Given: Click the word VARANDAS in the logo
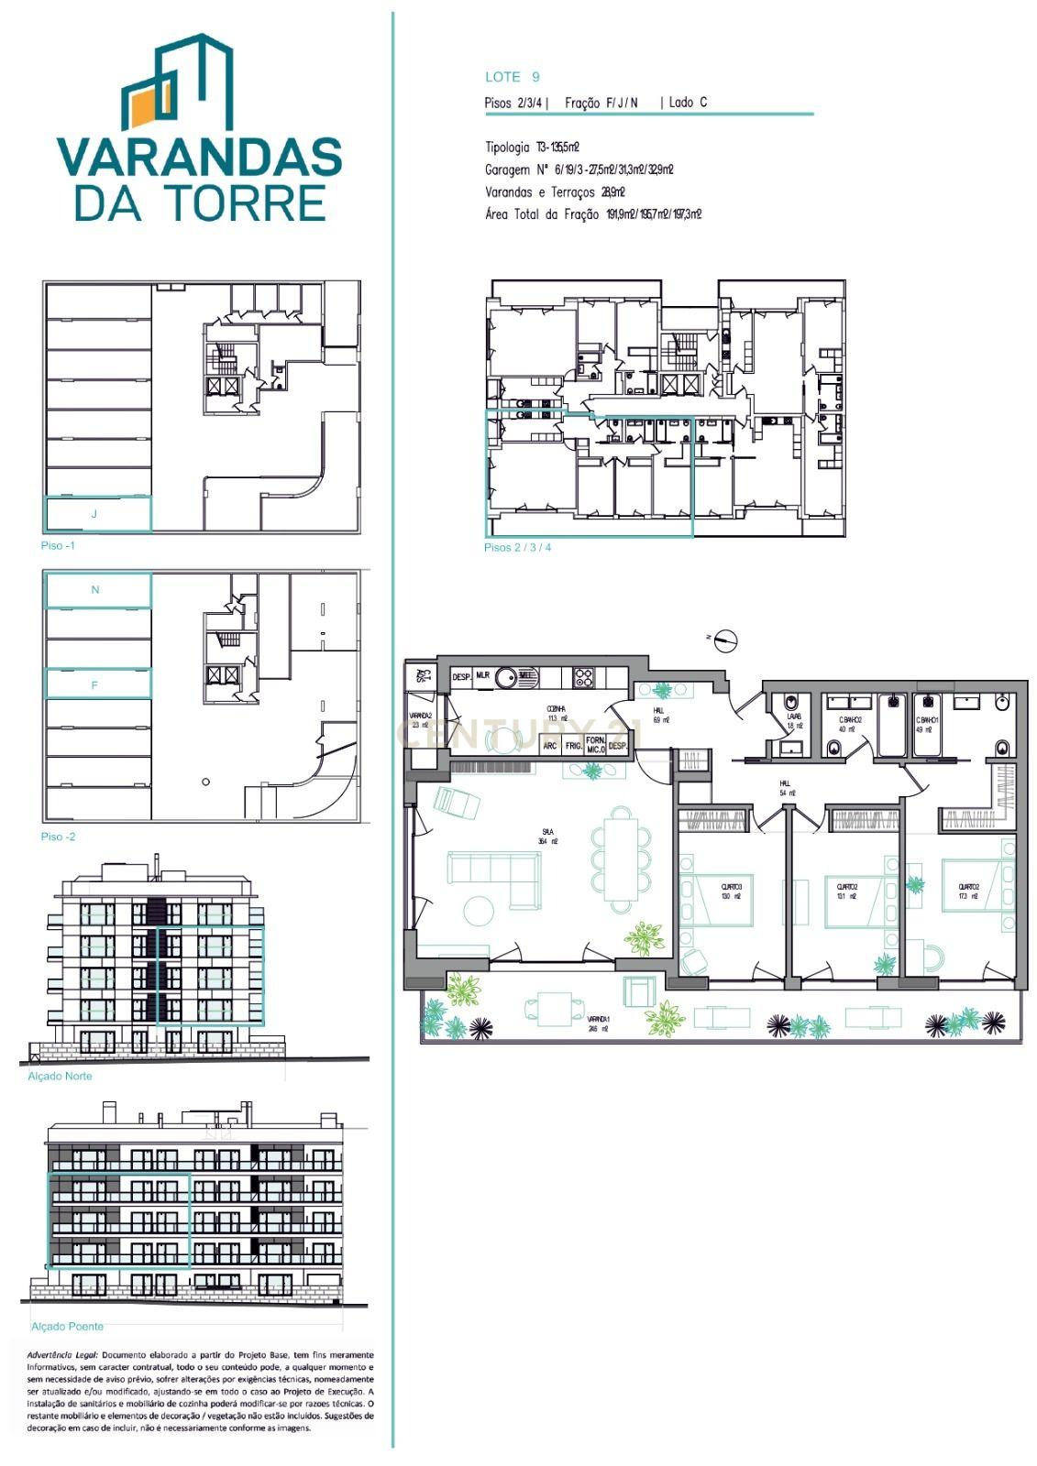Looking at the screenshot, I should click(199, 158).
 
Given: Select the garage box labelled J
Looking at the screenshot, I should click(98, 514).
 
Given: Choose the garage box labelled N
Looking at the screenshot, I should click(98, 590).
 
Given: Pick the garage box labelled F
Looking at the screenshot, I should click(98, 684).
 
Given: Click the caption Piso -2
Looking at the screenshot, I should click(58, 837).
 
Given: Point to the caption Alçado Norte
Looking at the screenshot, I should click(61, 1076).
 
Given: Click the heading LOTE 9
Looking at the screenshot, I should click(512, 77).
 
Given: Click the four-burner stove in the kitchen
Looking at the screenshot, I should click(584, 678).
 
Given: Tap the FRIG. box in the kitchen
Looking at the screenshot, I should click(574, 746).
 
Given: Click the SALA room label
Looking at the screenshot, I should click(548, 835).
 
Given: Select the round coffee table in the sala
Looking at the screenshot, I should click(479, 910).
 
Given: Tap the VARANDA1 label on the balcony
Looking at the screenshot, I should click(598, 1023).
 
